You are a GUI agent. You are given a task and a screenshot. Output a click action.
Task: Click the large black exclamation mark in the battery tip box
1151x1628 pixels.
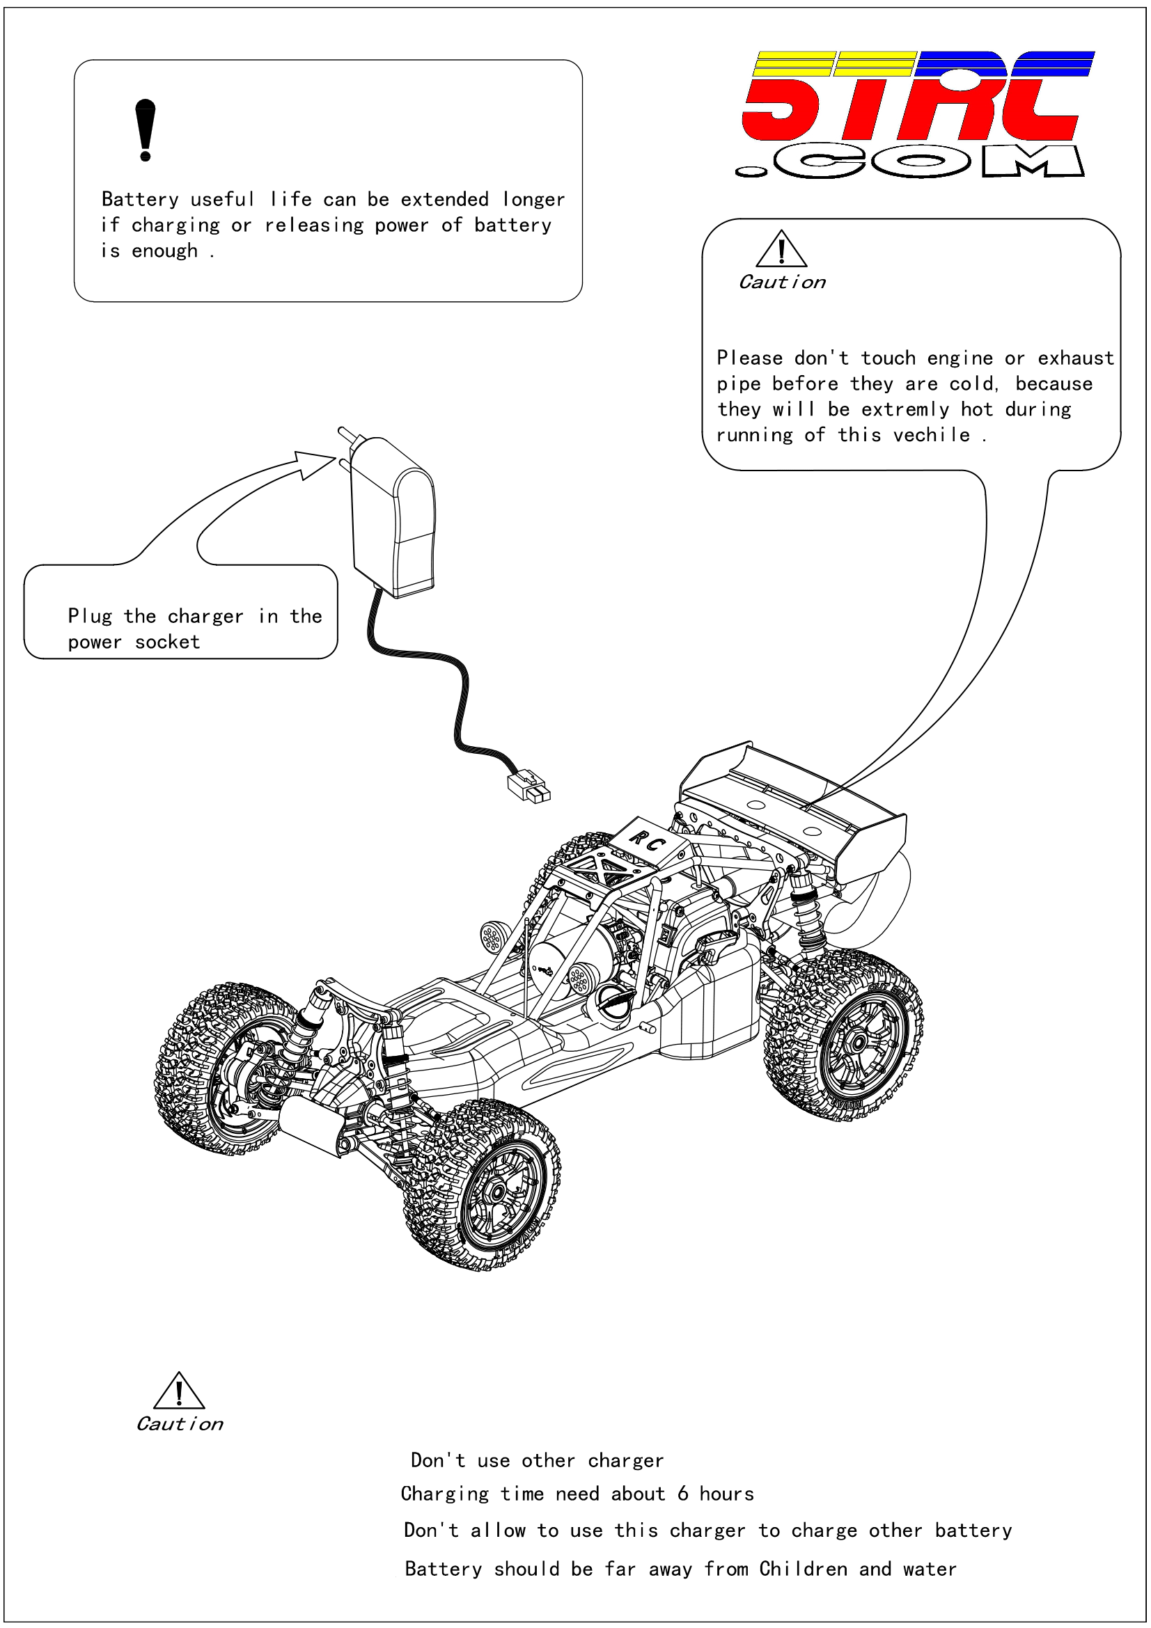(x=145, y=129)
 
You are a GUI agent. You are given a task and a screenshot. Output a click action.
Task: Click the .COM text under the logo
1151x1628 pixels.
(x=911, y=161)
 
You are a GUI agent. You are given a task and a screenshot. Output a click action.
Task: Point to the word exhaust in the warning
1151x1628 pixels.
(x=1075, y=358)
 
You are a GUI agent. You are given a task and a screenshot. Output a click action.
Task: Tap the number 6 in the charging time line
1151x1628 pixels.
(x=682, y=1493)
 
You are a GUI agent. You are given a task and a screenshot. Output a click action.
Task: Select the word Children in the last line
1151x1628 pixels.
(x=803, y=1568)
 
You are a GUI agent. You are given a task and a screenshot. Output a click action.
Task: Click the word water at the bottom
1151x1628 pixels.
(x=930, y=1568)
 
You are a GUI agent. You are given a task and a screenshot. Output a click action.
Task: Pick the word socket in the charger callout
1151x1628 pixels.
(x=167, y=642)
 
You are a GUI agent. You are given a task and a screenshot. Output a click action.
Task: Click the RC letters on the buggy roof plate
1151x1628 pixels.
(x=646, y=841)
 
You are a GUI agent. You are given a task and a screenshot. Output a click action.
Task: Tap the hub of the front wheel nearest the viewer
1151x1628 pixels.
(x=498, y=1190)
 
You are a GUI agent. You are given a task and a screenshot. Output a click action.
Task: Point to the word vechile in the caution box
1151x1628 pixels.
(x=931, y=434)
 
